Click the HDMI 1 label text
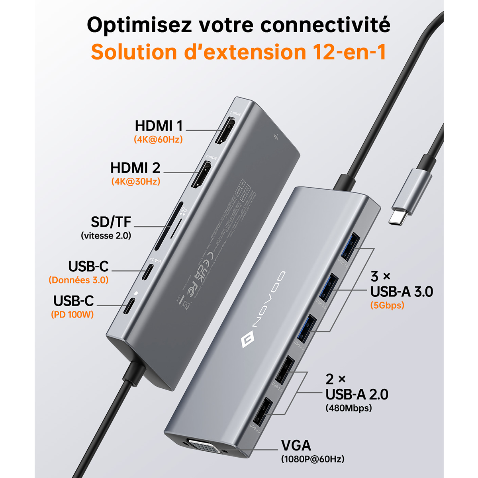pyautogui.click(x=159, y=126)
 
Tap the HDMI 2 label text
pyautogui.click(x=135, y=168)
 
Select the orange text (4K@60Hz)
pyautogui.click(x=158, y=140)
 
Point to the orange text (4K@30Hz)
pyautogui.click(x=135, y=182)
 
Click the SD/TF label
pyautogui.click(x=111, y=222)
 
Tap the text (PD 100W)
pyautogui.click(x=72, y=314)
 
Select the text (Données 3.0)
pyautogui.click(x=78, y=280)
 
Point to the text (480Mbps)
pyautogui.click(x=349, y=408)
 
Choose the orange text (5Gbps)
pyautogui.click(x=387, y=305)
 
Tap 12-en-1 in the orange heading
pyautogui.click(x=347, y=52)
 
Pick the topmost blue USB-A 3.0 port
pyautogui.click(x=351, y=246)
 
